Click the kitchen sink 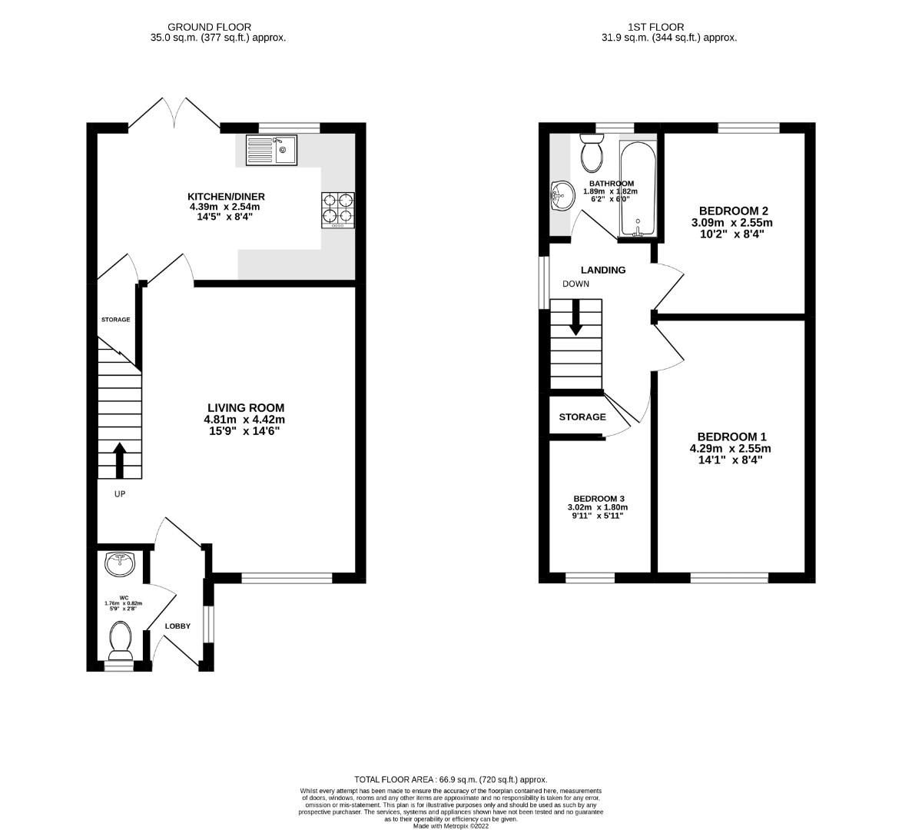[x=271, y=151]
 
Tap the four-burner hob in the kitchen [x=338, y=209]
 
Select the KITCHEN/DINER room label [x=226, y=196]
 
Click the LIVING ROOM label [x=245, y=408]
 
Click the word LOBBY [x=177, y=626]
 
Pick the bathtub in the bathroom [x=637, y=188]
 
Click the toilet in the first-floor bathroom [x=592, y=152]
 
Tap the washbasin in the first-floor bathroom [x=562, y=195]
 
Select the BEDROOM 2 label [x=734, y=211]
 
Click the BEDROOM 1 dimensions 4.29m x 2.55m [x=730, y=449]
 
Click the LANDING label [x=602, y=270]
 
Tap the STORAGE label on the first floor [x=582, y=417]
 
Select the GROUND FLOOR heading [x=198, y=27]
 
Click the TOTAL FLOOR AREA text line [x=450, y=779]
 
